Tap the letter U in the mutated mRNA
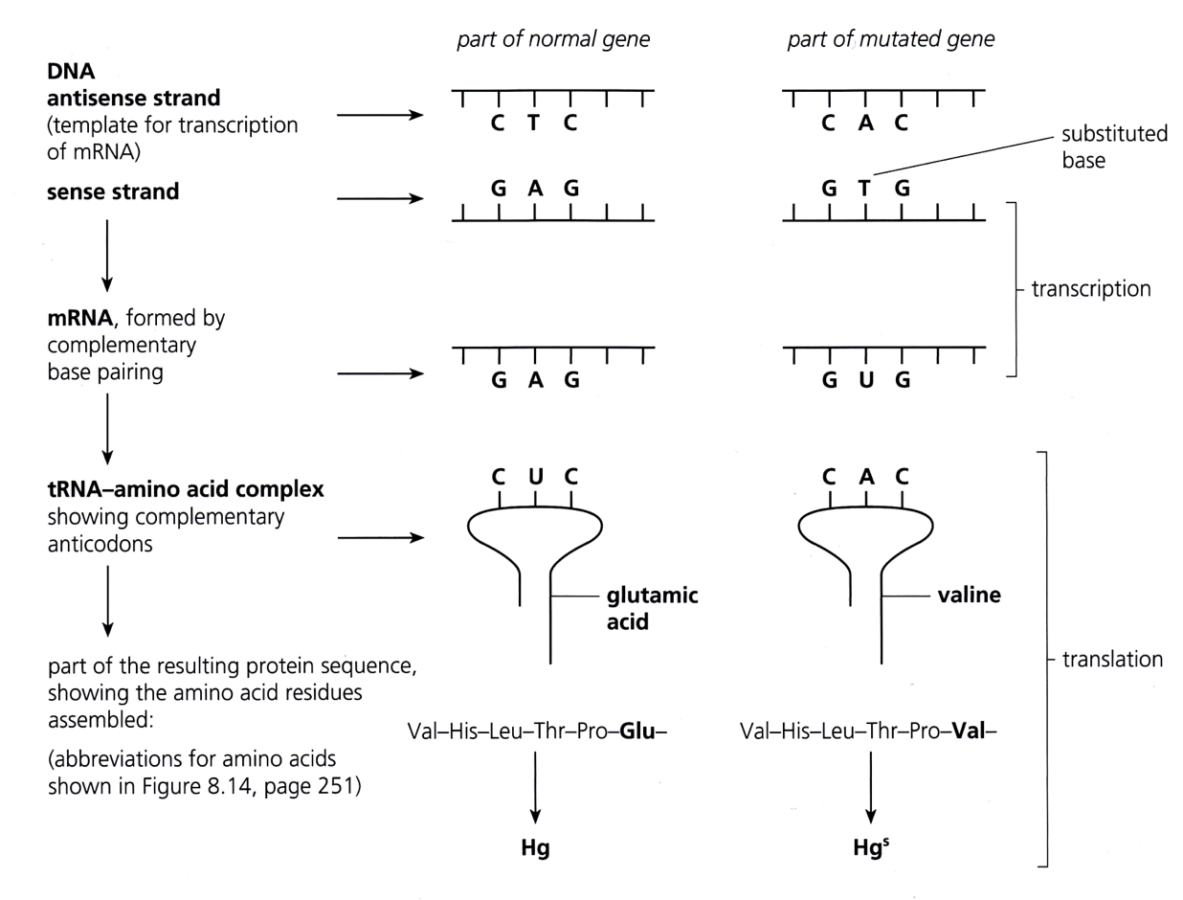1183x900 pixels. coord(864,380)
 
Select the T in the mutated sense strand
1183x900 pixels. coord(864,189)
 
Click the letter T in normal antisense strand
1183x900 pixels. coord(534,124)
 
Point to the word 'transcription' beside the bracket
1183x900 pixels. coord(1091,289)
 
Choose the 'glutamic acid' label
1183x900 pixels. coord(652,609)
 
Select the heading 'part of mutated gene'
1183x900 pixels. coord(890,40)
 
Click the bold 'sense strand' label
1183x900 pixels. coord(114,191)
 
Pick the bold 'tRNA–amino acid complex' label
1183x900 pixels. coord(186,490)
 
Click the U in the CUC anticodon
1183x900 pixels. coord(534,476)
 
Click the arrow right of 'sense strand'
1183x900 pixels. coord(380,200)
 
